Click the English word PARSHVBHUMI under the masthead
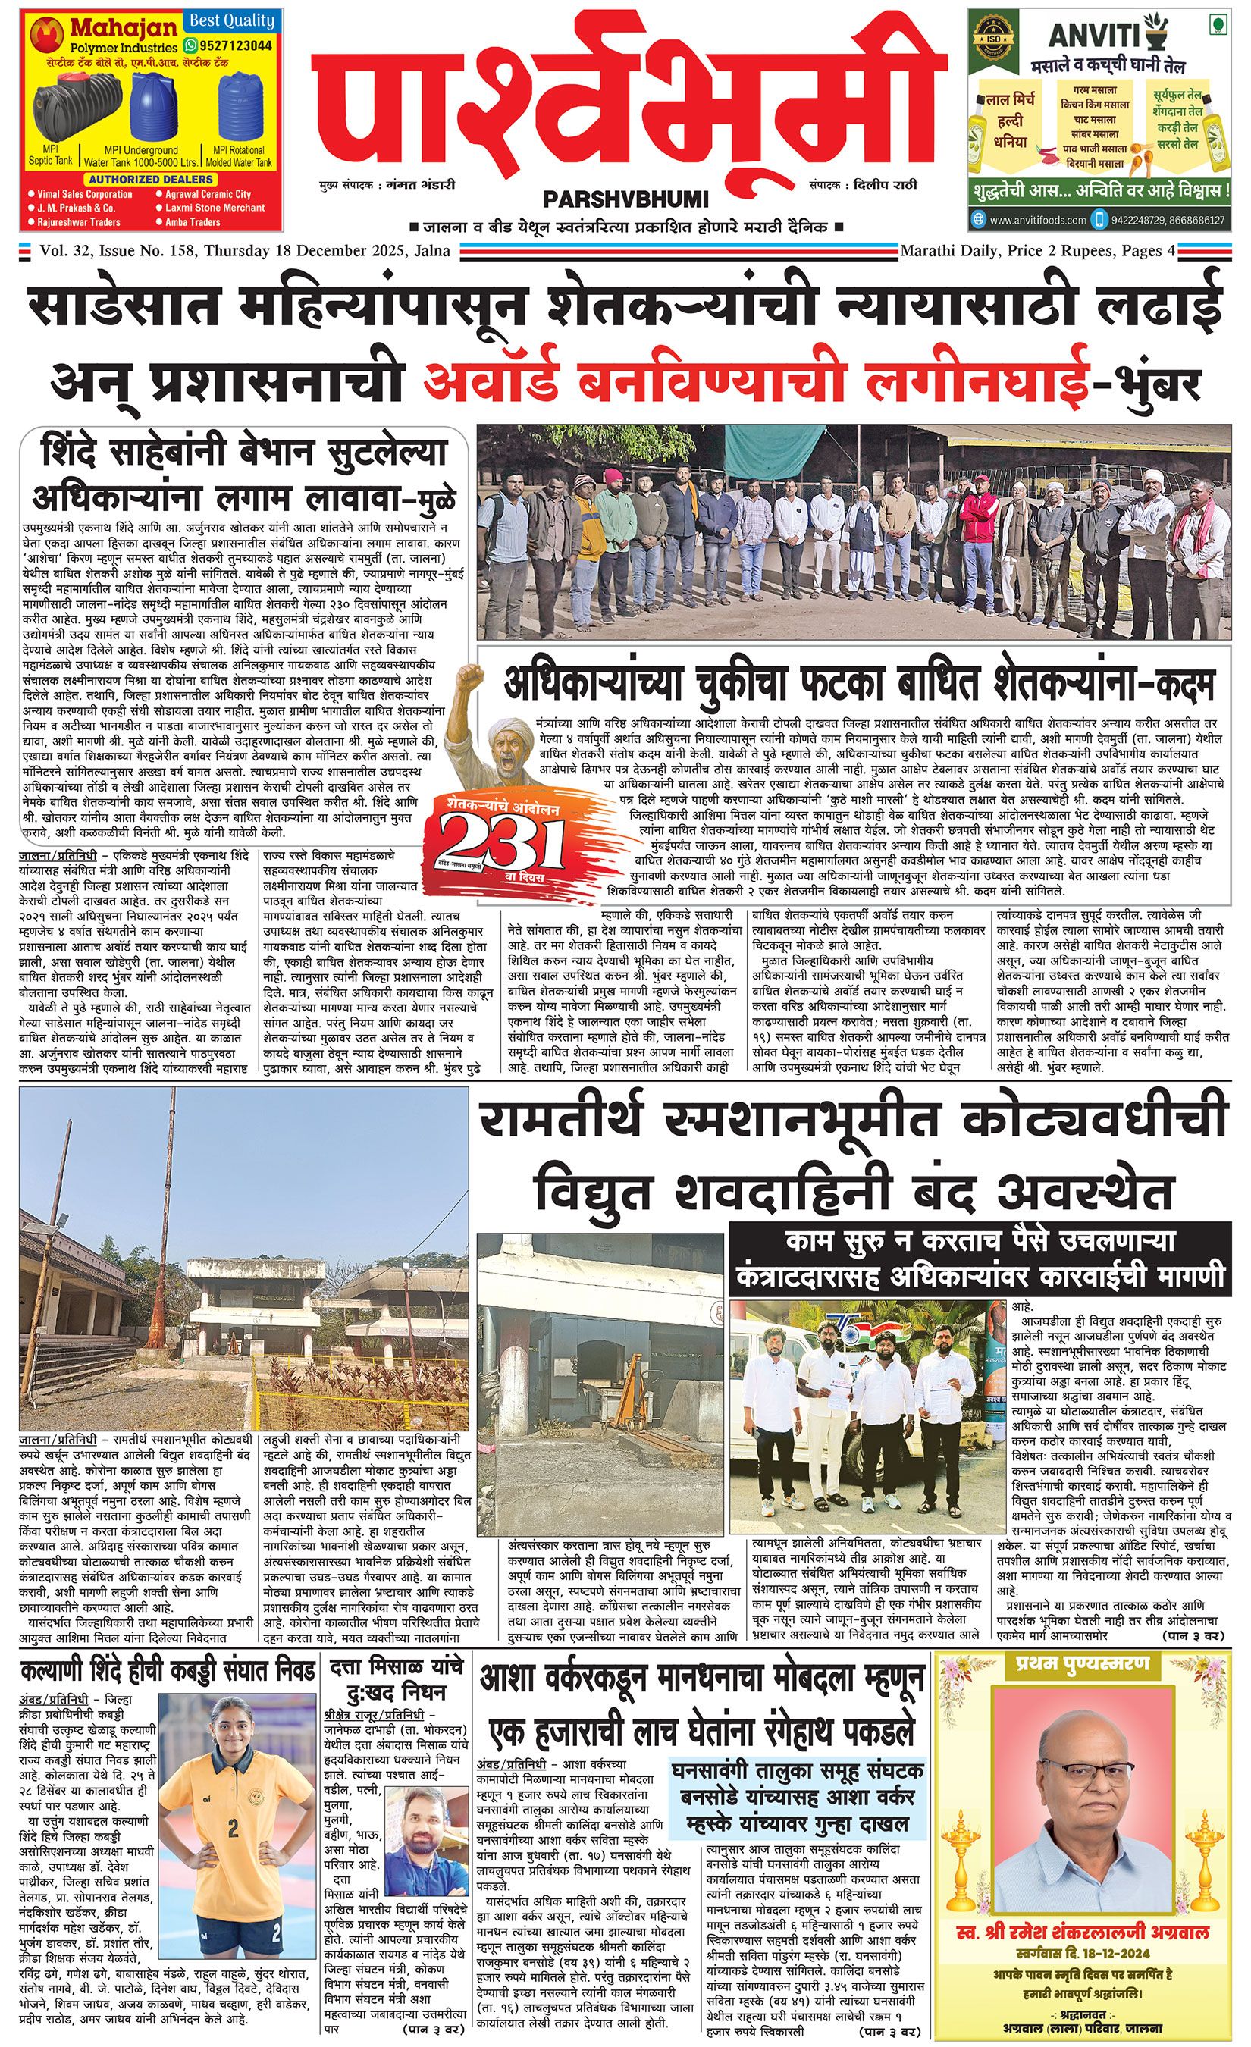tap(625, 199)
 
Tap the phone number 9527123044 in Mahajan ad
tap(236, 45)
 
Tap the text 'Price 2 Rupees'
tap(1046, 250)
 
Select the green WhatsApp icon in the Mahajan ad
tap(192, 45)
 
